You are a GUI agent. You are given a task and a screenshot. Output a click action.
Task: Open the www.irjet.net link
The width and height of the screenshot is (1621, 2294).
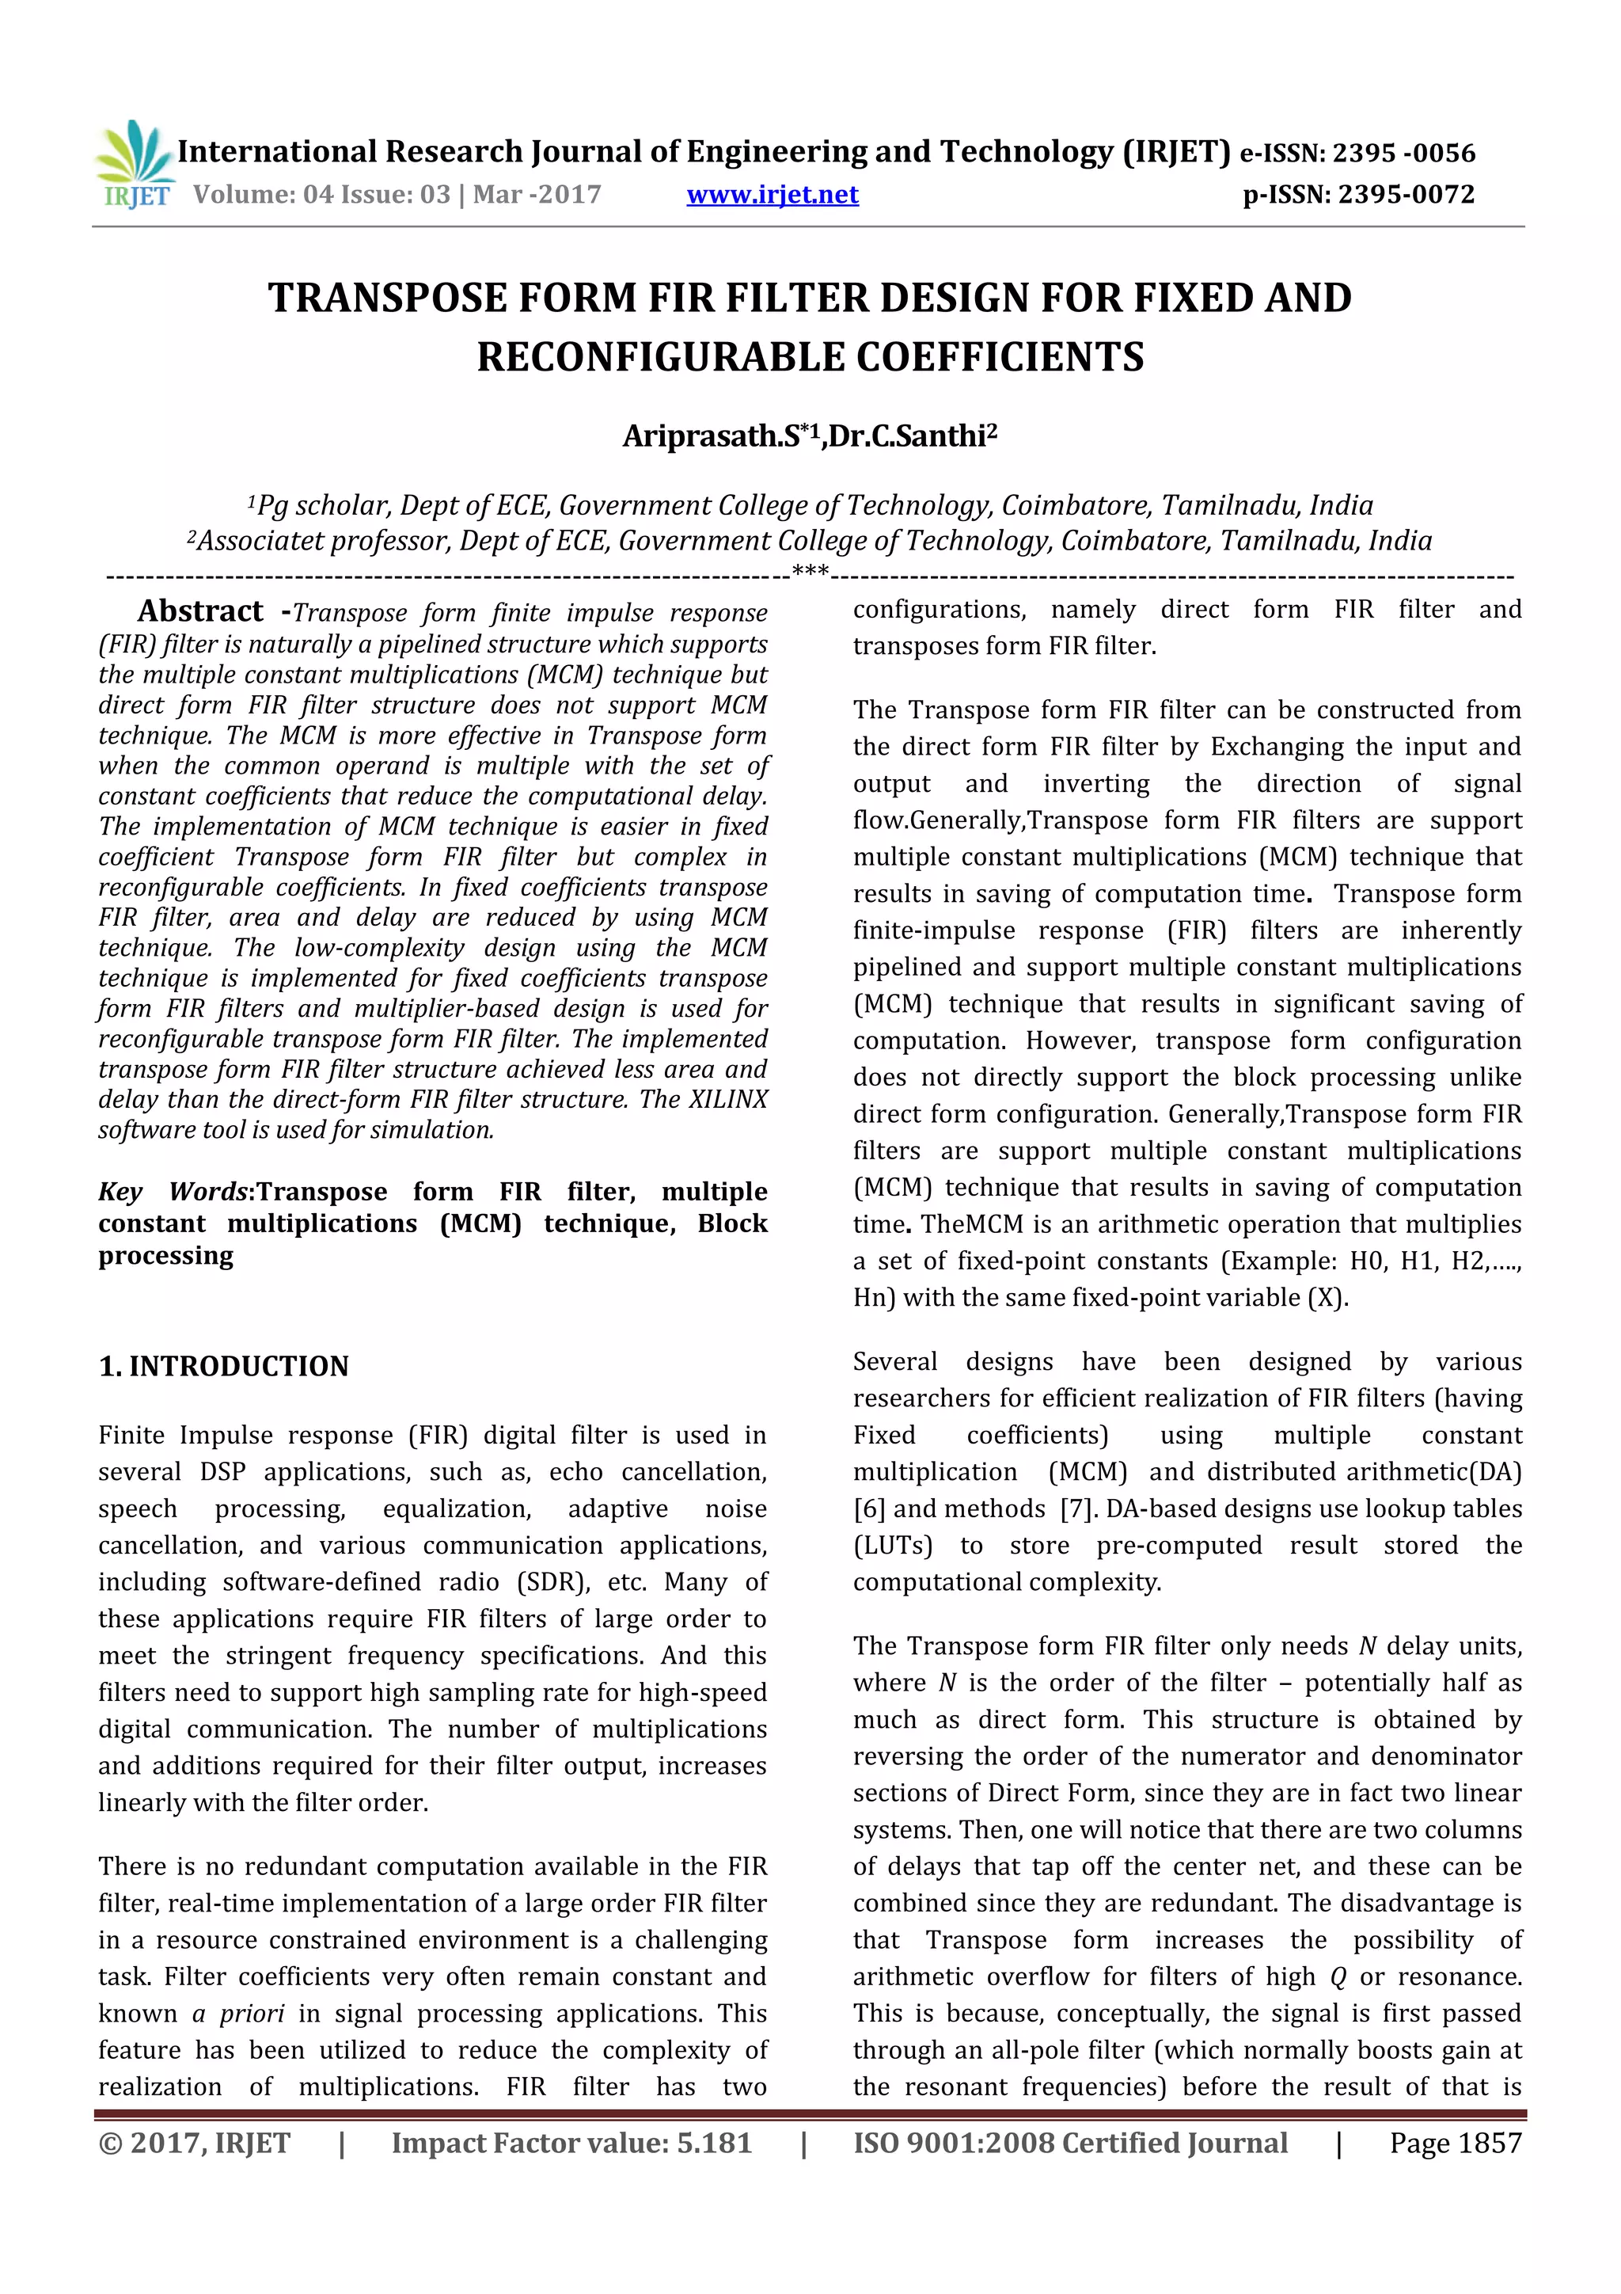point(772,194)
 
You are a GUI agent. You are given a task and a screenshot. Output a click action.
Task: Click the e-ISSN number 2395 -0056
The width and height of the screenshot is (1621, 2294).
point(1403,153)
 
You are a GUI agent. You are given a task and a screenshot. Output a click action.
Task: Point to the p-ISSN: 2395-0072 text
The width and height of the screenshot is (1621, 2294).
point(1357,194)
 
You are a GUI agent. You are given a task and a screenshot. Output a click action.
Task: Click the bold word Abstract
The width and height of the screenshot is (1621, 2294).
point(199,611)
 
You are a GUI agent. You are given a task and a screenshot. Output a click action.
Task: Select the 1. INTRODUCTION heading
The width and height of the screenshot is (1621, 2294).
point(224,1366)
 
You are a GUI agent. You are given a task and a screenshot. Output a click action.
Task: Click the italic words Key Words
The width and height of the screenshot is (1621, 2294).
point(173,1192)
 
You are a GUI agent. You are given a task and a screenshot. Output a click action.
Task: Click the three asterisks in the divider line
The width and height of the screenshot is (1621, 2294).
point(809,573)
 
